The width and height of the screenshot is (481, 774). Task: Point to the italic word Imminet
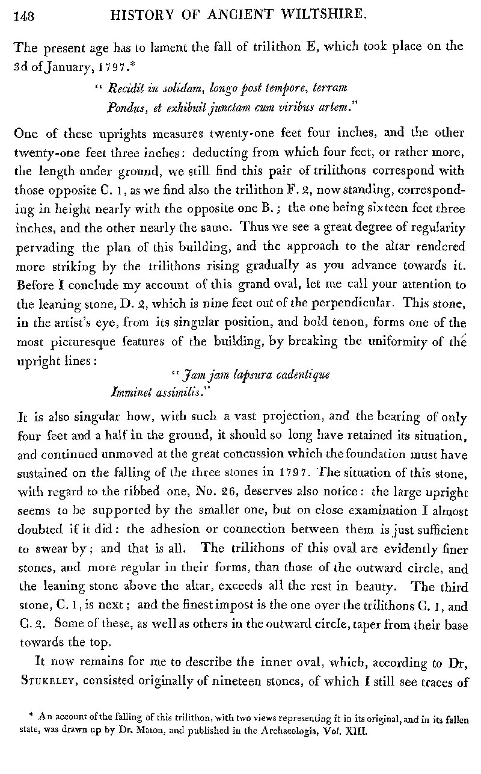[x=131, y=392]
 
